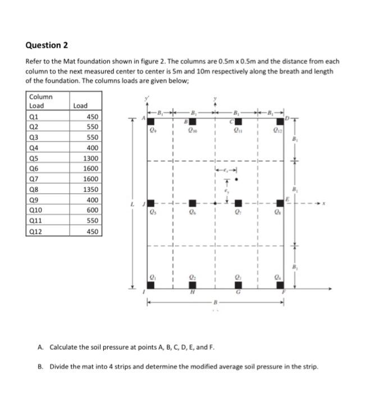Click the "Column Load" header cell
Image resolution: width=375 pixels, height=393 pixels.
(40, 101)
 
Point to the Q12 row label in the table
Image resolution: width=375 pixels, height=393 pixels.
(36, 231)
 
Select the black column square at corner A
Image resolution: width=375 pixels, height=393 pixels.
(151, 121)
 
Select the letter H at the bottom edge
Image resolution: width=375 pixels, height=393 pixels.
(193, 293)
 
